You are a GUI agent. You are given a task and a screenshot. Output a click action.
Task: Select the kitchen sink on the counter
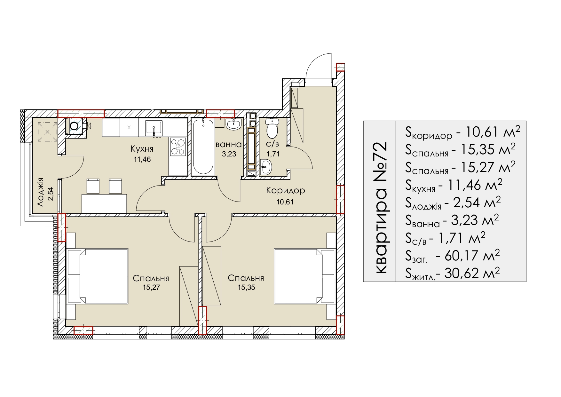pos(154,128)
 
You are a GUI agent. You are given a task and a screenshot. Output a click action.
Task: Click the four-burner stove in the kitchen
pos(178,147)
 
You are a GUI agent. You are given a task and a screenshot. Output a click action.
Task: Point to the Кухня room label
pos(142,149)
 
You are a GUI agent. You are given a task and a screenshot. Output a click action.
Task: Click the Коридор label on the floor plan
pos(286,191)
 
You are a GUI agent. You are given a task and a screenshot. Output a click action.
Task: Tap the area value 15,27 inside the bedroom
pos(151,287)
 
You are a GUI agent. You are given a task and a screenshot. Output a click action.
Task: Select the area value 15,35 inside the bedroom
pos(246,287)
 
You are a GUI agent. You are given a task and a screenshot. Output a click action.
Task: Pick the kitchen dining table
pos(104,203)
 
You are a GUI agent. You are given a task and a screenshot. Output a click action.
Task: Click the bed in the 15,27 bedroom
pos(98,276)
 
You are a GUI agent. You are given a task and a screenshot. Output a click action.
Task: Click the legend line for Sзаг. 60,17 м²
pos(452,255)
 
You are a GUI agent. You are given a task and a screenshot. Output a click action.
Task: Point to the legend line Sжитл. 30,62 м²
pos(452,273)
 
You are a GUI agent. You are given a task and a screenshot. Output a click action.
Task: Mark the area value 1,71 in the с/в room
pos(273,154)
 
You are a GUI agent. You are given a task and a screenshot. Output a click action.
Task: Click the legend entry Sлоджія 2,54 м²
pos(453,203)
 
